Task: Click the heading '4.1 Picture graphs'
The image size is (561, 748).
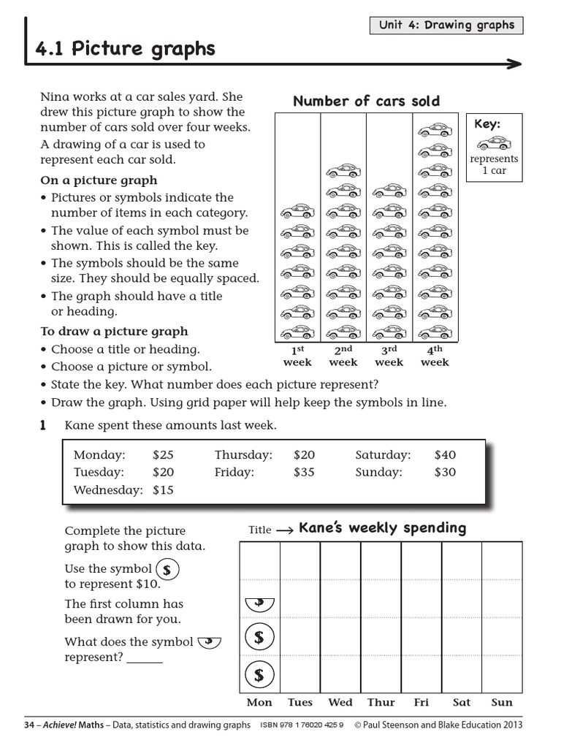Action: click(x=126, y=49)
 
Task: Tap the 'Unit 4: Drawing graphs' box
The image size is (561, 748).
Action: click(x=446, y=26)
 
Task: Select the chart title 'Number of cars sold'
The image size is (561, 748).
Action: click(x=366, y=101)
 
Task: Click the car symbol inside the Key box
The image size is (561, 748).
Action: click(x=494, y=142)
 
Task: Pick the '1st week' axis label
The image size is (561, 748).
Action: click(x=297, y=356)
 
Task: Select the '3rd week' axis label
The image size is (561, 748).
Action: click(x=389, y=356)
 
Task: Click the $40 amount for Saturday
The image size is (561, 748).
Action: click(x=444, y=454)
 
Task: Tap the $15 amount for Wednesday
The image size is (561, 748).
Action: click(x=163, y=489)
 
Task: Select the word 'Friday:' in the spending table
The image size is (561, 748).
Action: click(x=234, y=472)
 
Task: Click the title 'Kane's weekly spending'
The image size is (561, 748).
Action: click(x=383, y=528)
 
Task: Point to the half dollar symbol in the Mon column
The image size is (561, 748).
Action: click(x=259, y=603)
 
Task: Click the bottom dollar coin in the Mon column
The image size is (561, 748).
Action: click(x=259, y=673)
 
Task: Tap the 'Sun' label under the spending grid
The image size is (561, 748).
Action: click(x=502, y=702)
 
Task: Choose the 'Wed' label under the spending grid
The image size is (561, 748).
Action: click(x=340, y=702)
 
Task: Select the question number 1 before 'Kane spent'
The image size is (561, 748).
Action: click(x=44, y=425)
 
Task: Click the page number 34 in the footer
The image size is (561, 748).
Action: click(x=31, y=725)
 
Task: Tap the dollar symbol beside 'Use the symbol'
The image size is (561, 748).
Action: click(x=167, y=568)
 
